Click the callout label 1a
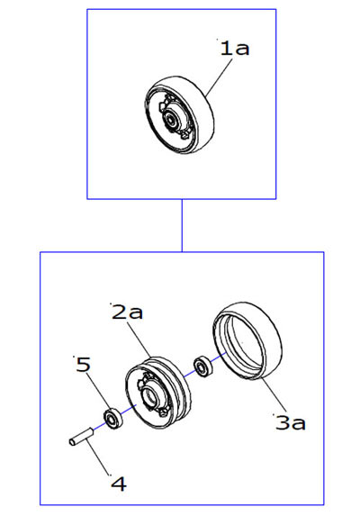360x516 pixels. click(234, 48)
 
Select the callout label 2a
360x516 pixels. click(127, 312)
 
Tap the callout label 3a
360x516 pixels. click(291, 422)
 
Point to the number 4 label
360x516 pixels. click(119, 484)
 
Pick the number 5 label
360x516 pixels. click(83, 365)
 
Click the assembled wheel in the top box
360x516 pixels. click(179, 116)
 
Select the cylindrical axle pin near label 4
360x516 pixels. click(81, 437)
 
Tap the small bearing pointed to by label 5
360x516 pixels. click(112, 419)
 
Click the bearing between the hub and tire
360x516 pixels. click(203, 366)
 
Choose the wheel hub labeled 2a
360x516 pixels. click(157, 392)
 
